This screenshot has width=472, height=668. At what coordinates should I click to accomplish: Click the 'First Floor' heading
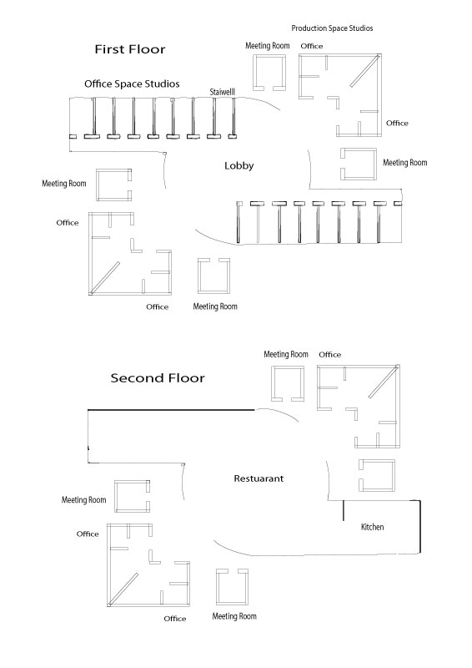(130, 49)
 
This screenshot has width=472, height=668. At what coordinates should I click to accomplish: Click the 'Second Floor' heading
(158, 378)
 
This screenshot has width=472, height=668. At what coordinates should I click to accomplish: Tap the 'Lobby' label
(239, 165)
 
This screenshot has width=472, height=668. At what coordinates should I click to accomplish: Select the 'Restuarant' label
(259, 478)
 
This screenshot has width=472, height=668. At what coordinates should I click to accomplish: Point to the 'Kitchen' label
(373, 527)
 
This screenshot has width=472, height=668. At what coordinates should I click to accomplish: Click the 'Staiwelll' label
(222, 92)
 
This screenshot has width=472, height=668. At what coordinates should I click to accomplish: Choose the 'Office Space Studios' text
(132, 84)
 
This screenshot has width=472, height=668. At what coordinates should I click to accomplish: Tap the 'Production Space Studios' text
(332, 28)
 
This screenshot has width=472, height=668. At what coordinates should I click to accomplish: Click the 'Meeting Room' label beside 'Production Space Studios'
(268, 46)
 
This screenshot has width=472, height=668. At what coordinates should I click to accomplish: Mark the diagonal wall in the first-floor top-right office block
(364, 71)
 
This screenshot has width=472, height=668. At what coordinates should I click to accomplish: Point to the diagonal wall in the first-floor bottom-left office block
(105, 277)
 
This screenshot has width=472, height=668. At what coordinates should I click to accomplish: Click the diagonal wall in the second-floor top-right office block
(384, 382)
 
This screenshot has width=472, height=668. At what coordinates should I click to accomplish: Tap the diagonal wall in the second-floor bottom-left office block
(123, 590)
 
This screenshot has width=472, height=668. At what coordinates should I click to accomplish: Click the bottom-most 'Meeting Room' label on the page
(234, 616)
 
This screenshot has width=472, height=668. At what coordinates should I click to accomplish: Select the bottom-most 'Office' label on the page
(175, 619)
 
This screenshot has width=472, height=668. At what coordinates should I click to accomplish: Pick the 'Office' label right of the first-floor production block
(397, 123)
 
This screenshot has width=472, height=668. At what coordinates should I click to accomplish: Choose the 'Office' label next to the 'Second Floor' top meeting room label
(330, 354)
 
